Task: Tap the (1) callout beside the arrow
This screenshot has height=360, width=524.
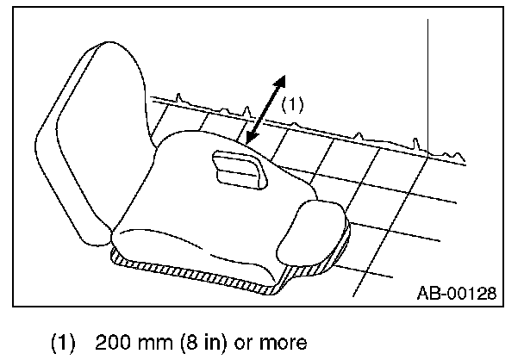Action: pos(293,105)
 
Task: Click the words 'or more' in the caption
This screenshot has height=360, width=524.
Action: pos(271,343)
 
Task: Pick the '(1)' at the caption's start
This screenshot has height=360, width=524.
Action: pos(70,343)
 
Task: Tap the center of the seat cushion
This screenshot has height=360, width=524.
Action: pos(207,207)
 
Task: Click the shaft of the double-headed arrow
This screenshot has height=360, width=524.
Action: pos(264,109)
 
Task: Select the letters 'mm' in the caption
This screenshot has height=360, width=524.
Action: pos(159,343)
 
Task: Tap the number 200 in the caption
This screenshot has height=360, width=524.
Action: pos(115,343)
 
